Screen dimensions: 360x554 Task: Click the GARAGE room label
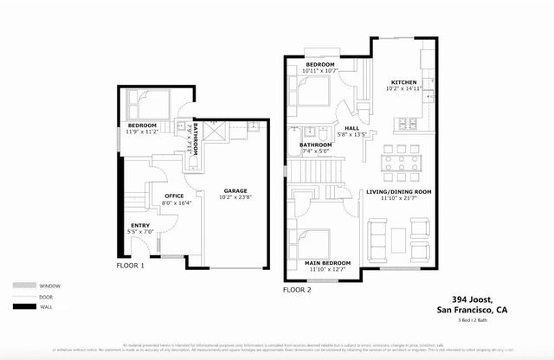[x=235, y=190]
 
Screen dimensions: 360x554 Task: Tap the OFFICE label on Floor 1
[x=175, y=196]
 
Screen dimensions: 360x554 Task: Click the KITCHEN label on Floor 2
[x=403, y=82]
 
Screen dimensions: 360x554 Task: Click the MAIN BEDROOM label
[x=327, y=262]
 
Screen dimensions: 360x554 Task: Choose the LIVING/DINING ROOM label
[x=399, y=192]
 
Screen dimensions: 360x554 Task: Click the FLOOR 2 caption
[x=296, y=290]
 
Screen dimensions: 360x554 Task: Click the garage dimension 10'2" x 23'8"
[x=235, y=198]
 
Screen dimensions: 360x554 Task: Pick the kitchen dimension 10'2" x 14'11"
[x=403, y=89]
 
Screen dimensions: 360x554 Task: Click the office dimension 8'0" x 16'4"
[x=175, y=204]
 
